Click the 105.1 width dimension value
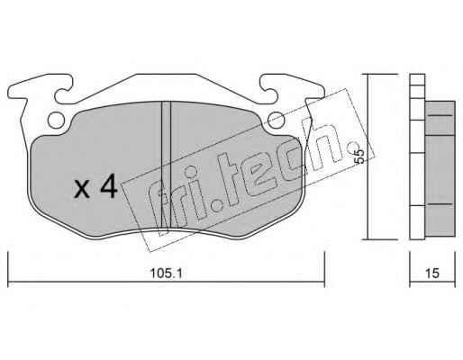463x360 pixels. point(166,274)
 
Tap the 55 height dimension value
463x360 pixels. point(359,157)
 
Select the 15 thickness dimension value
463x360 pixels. point(432,274)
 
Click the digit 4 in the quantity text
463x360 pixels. point(109,186)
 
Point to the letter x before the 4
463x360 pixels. point(82,190)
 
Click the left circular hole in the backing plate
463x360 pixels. point(56,121)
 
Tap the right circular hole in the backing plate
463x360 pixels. point(277,121)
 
